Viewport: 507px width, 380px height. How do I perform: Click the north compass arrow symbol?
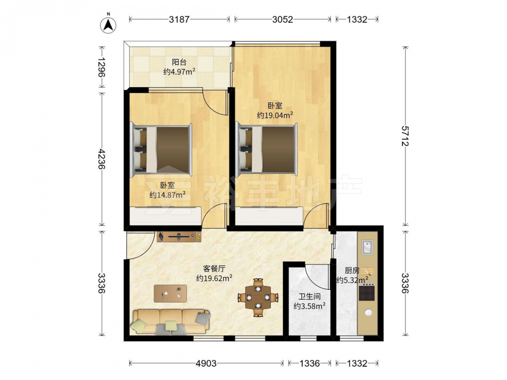coord(108,24)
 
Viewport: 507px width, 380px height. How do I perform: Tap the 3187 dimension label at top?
coord(179,19)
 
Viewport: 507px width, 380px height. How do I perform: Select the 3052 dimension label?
coord(282,19)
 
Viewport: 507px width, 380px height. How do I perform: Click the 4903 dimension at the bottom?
coord(206,363)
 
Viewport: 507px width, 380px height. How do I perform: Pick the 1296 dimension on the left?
coord(102,67)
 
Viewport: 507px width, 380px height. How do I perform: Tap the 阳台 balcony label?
coord(179,62)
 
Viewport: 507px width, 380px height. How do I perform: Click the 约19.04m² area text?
coord(275,115)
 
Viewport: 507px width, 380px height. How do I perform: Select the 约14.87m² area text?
coord(167,195)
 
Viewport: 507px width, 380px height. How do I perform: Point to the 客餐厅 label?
coord(214,269)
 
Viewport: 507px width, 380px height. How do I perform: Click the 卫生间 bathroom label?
coord(309,296)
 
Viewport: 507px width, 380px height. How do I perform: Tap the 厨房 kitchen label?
coord(351,271)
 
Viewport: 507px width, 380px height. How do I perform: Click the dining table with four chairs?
coord(258,297)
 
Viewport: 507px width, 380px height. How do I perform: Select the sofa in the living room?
coord(170,322)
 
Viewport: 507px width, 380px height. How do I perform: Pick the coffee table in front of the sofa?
coord(170,293)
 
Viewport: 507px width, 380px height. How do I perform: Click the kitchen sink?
coord(367,247)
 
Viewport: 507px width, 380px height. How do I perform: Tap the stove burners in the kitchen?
coord(367,292)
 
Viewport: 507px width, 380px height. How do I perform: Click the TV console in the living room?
coord(179,237)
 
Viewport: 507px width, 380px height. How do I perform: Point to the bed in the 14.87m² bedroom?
coord(161,149)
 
